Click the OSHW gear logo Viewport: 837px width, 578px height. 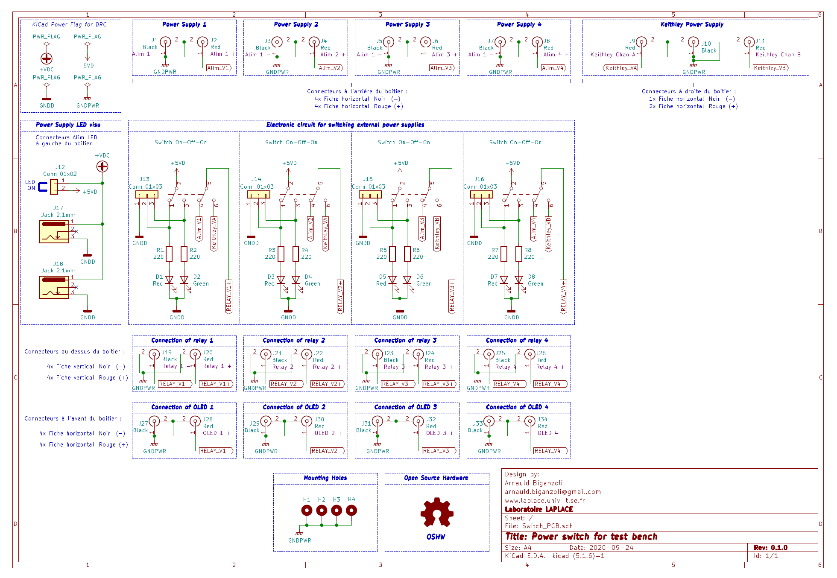pos(436,512)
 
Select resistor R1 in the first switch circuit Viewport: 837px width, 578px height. pos(169,254)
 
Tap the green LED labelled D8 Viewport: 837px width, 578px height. pos(519,280)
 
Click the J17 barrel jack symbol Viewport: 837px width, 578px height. pos(54,231)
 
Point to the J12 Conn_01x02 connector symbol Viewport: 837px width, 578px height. pos(54,187)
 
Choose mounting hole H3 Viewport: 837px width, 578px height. pos(337,510)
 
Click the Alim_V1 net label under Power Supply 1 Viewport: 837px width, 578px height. pos(219,68)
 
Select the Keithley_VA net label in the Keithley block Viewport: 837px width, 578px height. pos(620,68)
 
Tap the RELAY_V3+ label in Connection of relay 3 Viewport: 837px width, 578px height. pos(438,384)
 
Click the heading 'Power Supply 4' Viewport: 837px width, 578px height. pos(519,24)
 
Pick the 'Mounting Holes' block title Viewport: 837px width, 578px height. pos(325,478)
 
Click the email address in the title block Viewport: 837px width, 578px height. pos(553,492)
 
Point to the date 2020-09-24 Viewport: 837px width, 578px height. pos(611,548)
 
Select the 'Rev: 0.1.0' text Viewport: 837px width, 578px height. pos(771,548)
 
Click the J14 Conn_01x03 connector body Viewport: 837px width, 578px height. pos(258,195)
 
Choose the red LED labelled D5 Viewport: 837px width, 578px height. pos(392,280)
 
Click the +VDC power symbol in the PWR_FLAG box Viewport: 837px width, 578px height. pos(47,58)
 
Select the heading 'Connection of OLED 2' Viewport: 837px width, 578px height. pos(294,407)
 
